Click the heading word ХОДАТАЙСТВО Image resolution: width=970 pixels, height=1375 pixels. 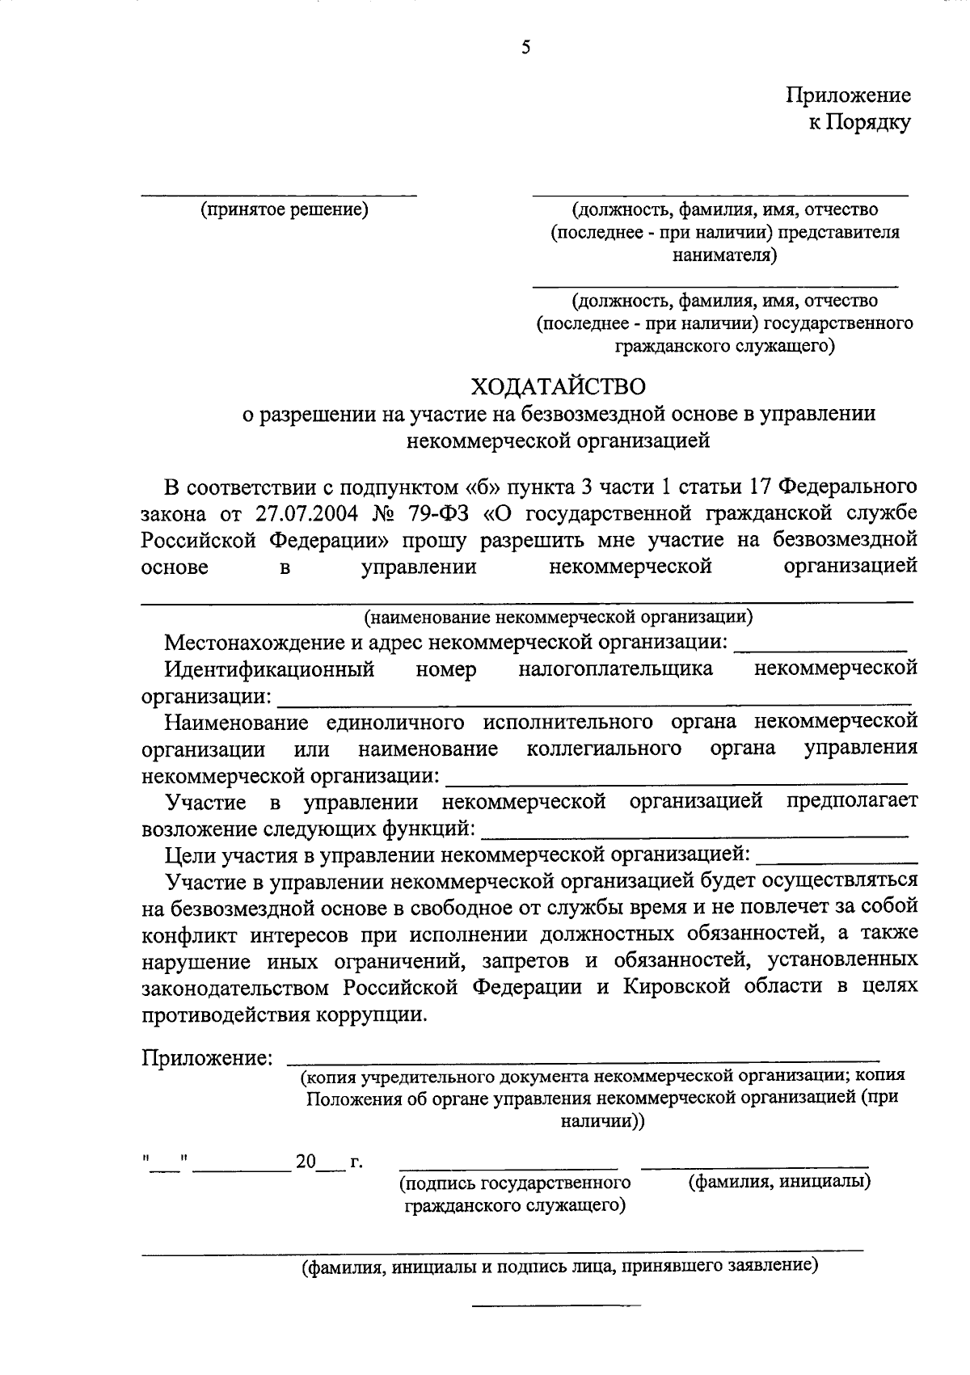(559, 386)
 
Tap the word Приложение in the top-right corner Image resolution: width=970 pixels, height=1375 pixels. (849, 95)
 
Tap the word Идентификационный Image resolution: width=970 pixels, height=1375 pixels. (269, 669)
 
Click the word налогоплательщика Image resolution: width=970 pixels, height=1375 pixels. (616, 669)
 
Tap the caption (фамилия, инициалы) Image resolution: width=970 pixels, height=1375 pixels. (778, 1182)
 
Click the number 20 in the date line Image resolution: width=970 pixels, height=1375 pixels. (305, 1162)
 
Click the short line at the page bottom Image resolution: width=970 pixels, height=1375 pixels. (555, 1304)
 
